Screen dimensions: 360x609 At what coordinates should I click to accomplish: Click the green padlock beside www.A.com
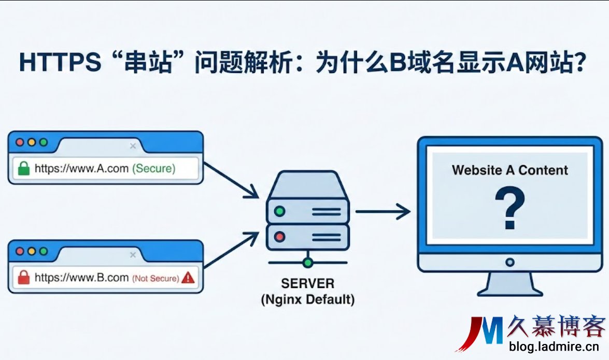pos(23,168)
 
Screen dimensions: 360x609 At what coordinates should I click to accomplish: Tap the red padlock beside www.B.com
pos(23,278)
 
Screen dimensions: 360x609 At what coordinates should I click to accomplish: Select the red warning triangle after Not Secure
pos(188,278)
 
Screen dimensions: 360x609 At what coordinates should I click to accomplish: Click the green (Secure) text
pos(154,168)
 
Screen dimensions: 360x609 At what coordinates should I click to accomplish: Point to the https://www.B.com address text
pos(81,278)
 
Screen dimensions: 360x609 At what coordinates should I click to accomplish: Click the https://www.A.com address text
pos(81,168)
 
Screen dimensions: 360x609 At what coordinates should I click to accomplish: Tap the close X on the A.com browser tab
pos(133,147)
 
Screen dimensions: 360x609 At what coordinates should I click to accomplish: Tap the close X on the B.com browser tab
pos(133,255)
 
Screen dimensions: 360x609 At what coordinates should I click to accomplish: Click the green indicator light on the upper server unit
pos(280,211)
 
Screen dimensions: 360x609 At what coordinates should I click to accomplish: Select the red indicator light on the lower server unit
pos(280,237)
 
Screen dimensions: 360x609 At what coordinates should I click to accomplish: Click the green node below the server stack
pos(308,263)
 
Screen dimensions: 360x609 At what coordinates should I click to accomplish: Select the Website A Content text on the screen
pos(509,170)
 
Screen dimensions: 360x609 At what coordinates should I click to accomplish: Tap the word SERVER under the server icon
pos(308,284)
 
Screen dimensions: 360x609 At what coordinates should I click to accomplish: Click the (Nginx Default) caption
pos(308,299)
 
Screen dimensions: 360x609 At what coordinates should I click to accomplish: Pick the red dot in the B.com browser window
pos(20,251)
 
